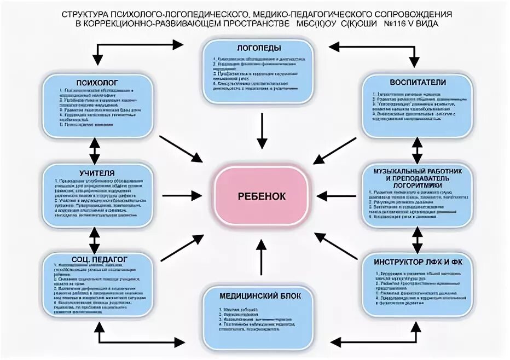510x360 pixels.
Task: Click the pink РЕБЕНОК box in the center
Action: [x=261, y=196]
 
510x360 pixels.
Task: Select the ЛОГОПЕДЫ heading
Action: [x=258, y=48]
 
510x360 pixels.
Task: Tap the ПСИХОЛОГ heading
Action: [x=97, y=82]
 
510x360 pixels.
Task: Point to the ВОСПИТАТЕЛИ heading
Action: [x=418, y=82]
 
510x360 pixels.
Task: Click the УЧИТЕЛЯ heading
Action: [x=97, y=173]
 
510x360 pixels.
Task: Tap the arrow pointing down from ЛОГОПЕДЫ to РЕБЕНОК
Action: [x=262, y=130]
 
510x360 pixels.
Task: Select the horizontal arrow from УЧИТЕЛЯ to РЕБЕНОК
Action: [x=182, y=195]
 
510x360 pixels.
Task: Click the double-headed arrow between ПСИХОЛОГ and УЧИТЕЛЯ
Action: [x=95, y=148]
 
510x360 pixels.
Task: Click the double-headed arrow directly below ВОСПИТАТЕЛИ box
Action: [x=418, y=148]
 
